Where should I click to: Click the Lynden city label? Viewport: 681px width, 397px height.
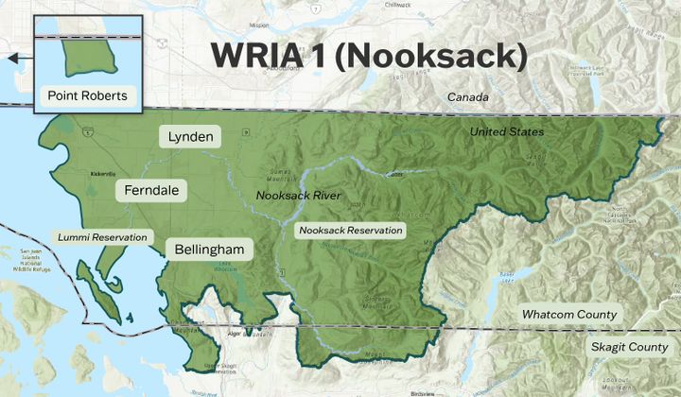click(190, 136)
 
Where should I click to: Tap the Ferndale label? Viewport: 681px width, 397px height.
click(151, 191)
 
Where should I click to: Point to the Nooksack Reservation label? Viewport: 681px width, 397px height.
click(351, 230)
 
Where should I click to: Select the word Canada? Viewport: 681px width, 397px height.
click(468, 97)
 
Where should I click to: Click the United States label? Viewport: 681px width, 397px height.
click(507, 131)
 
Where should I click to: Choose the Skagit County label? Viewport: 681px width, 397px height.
click(629, 347)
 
